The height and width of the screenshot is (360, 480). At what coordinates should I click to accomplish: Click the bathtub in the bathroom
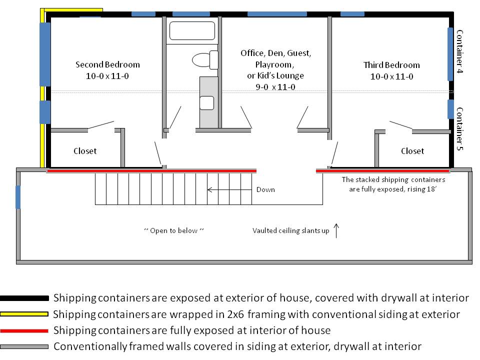point(192,30)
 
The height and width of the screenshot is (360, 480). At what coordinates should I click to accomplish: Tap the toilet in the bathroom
point(205,59)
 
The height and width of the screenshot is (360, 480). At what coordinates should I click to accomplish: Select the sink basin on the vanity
point(206,103)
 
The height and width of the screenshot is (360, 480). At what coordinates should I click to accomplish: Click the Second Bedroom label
point(107,64)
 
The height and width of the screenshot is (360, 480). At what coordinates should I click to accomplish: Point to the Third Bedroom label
point(391,65)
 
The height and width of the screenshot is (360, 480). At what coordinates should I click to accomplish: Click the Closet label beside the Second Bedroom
point(85,151)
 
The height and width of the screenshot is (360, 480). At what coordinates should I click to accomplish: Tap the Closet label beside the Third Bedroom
point(412,151)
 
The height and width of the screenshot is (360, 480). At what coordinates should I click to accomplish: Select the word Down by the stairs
point(265,190)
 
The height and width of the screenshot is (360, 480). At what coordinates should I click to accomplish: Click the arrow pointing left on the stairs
point(229,190)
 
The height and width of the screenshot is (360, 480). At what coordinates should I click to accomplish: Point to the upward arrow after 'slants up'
point(336,230)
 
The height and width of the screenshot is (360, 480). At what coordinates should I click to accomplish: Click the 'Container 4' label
point(459,51)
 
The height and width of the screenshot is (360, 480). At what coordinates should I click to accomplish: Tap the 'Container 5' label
point(459,129)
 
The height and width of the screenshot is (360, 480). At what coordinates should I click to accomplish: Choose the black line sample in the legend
point(24,298)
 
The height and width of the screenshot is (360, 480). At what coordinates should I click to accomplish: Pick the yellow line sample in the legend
point(24,314)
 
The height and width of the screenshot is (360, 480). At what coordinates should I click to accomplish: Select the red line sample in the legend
point(24,330)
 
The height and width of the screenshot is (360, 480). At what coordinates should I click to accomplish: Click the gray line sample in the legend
point(24,346)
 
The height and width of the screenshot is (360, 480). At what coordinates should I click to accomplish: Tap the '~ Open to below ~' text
point(174,230)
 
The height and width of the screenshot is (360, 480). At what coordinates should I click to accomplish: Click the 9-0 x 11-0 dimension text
point(275,87)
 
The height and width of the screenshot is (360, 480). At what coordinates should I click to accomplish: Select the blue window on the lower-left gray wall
point(18,197)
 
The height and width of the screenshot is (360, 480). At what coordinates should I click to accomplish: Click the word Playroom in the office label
point(274,64)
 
